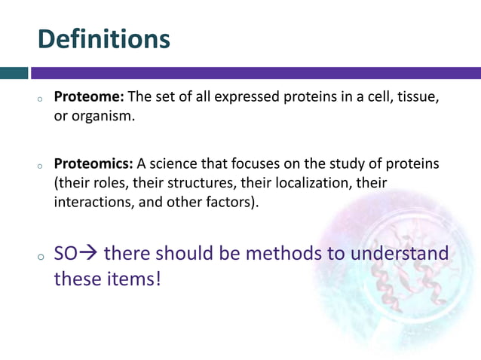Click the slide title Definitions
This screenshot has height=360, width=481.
click(104, 38)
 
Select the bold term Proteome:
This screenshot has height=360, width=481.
click(90, 98)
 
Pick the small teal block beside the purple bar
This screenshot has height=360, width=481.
click(14, 73)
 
